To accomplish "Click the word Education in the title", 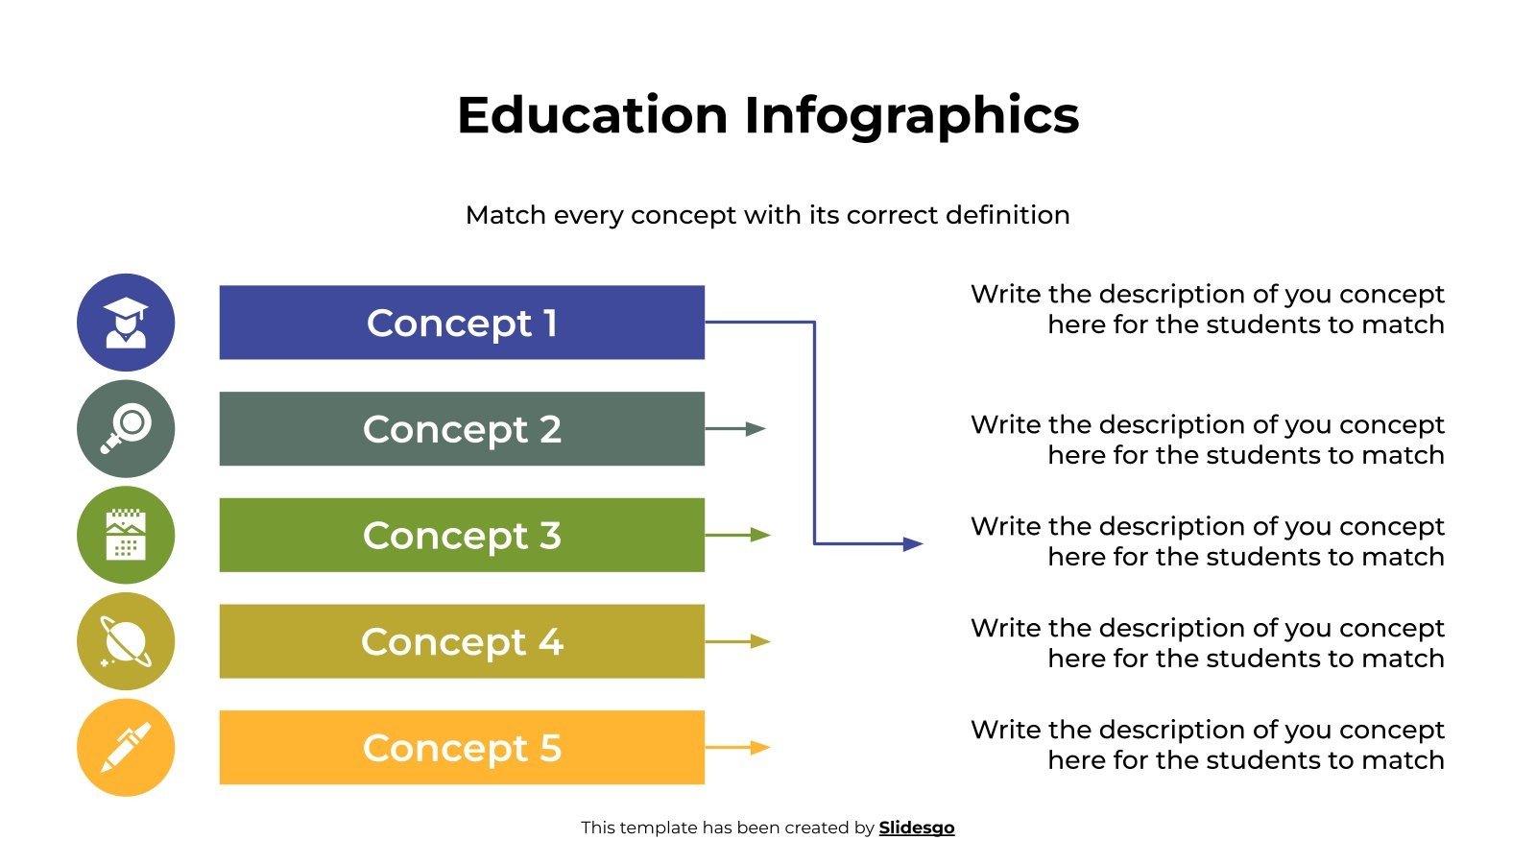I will tap(591, 115).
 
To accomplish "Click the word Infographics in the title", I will tap(911, 115).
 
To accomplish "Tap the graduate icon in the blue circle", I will tap(126, 323).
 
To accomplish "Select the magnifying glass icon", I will tap(126, 429).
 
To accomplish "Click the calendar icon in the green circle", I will tap(126, 535).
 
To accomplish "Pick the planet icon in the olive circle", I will tap(126, 641).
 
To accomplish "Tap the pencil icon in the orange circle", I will tap(126, 748).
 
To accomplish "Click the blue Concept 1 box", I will tap(462, 323).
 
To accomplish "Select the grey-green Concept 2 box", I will tap(462, 429).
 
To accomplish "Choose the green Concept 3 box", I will tap(462, 535).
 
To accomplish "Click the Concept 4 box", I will tap(462, 641).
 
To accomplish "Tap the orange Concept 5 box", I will tap(462, 748).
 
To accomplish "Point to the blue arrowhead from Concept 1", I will tap(912, 544).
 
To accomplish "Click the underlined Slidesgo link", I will tap(916, 828).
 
